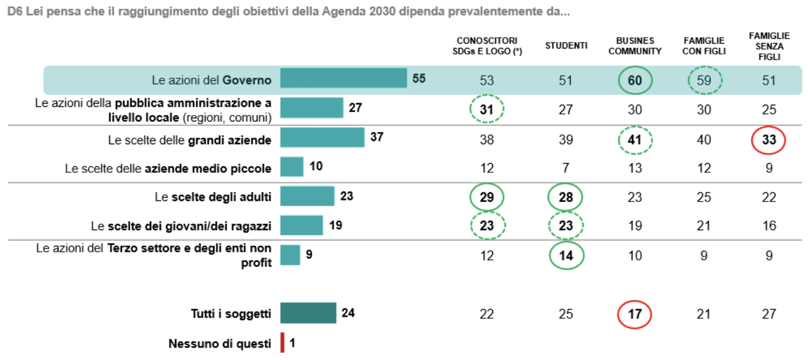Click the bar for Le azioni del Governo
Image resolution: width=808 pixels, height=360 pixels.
click(343, 78)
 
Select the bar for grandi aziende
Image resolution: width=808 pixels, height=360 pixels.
click(322, 138)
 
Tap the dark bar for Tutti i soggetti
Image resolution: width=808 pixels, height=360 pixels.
click(308, 313)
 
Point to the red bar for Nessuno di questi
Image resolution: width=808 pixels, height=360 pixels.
click(283, 343)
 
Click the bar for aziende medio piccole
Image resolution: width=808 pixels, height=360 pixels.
click(292, 167)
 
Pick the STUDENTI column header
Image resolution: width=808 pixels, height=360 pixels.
click(566, 46)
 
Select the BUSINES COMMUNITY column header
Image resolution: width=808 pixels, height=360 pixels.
click(635, 46)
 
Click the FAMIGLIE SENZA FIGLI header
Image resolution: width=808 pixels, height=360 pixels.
click(769, 46)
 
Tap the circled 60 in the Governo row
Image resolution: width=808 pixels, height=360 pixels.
click(635, 80)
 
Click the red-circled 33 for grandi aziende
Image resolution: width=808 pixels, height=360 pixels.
click(768, 140)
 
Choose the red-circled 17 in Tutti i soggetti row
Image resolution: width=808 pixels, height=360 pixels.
click(634, 314)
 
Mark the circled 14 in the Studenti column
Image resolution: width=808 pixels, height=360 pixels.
click(566, 256)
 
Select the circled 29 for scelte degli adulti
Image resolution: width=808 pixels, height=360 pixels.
click(487, 197)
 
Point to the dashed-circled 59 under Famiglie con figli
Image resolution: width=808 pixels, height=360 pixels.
click(704, 80)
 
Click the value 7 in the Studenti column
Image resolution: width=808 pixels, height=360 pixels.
click(566, 168)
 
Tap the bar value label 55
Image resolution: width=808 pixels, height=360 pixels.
click(419, 79)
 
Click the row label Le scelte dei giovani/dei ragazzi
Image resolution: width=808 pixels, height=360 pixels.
click(181, 226)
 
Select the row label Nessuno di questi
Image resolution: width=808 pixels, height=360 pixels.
click(220, 344)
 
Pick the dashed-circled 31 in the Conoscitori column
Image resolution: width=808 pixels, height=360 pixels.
click(487, 109)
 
